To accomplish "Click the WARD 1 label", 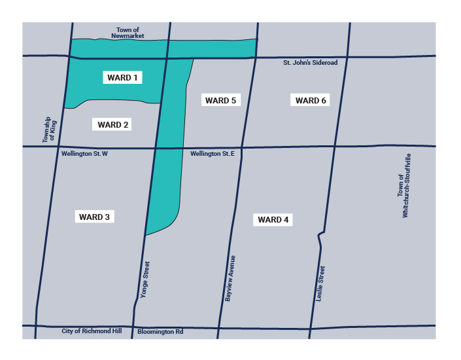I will coord(122,77).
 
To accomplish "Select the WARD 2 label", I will coord(113,124).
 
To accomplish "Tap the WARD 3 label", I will coord(94,217).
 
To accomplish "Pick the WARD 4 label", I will coord(273,220).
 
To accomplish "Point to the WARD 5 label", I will coord(220,100).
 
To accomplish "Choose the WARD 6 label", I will coord(311,100).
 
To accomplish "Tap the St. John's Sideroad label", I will coord(310,63).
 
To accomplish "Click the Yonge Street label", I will coord(146,280).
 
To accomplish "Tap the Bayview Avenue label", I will coord(230,279).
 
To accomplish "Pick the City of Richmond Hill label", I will coord(92,332).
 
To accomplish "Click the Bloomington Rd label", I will coord(160,332).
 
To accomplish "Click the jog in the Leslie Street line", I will coord(320,234).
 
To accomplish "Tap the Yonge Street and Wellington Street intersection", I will coord(156,148).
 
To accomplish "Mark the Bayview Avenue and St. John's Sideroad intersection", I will coord(254,58).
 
